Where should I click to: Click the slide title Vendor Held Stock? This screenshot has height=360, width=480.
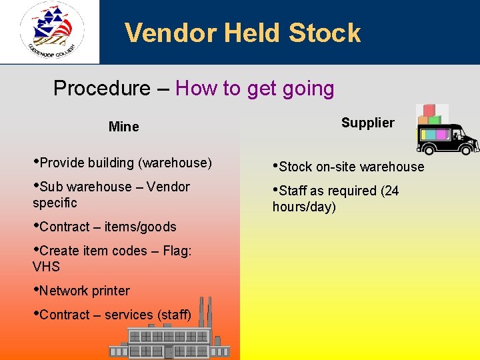click(242, 33)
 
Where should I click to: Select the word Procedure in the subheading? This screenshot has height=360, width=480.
click(101, 88)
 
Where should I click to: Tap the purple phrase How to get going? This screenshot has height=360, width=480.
click(255, 88)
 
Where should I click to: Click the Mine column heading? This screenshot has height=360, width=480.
click(123, 127)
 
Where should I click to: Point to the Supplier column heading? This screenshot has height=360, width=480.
click(367, 123)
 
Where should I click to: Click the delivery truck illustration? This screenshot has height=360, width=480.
click(447, 139)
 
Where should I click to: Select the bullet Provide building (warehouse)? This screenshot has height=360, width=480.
click(122, 163)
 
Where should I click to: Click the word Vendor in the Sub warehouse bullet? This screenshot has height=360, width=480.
click(168, 187)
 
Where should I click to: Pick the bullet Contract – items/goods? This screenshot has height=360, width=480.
click(105, 227)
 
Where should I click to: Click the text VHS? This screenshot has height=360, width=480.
click(46, 267)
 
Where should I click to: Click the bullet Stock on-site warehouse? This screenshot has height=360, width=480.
click(348, 167)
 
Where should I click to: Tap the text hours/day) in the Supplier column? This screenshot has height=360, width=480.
click(304, 207)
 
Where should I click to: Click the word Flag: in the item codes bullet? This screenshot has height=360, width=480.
click(177, 251)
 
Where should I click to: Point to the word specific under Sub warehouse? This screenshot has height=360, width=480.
click(55, 203)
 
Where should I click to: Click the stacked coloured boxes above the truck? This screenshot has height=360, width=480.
click(429, 114)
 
